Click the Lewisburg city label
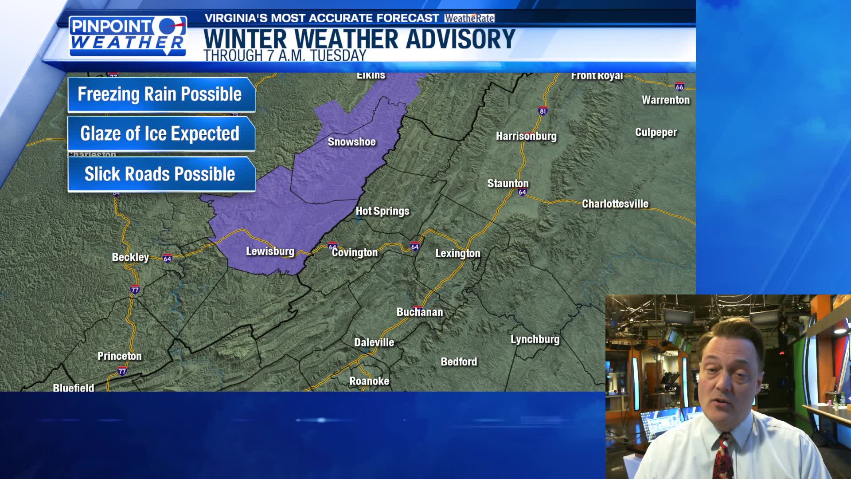(270, 251)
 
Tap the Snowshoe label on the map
(351, 142)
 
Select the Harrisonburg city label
(526, 136)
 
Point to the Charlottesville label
(615, 204)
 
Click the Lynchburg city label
(535, 340)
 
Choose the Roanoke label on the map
(369, 381)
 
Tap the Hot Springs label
(383, 211)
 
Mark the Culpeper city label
(656, 133)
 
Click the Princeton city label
(119, 356)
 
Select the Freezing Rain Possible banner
(160, 94)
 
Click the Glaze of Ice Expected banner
(160, 133)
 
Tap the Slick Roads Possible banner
(160, 174)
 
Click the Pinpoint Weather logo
(128, 35)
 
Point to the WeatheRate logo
(469, 18)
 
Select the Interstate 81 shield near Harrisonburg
(543, 111)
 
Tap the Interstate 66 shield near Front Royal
(679, 87)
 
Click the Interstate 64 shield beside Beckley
(167, 259)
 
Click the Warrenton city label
(665, 100)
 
